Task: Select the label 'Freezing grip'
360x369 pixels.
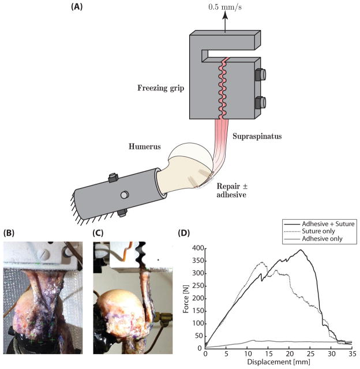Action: coord(162,88)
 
